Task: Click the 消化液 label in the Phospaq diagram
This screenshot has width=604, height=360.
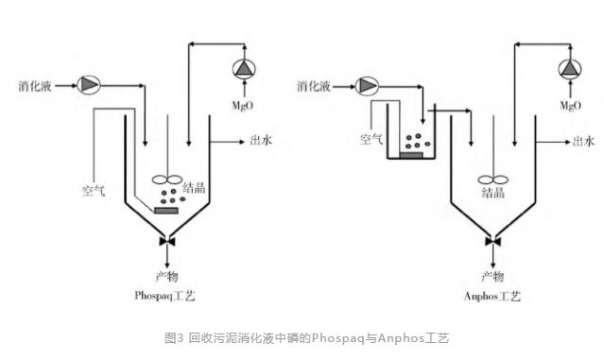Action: [35, 86]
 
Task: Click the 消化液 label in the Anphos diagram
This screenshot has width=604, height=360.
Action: [314, 86]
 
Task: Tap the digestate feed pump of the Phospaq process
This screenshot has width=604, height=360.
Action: [89, 85]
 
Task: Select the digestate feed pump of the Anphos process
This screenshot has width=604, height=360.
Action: [367, 86]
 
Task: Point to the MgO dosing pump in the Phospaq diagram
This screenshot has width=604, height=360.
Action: [244, 69]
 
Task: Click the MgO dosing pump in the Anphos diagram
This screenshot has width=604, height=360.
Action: [570, 69]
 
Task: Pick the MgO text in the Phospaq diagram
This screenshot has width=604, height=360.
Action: [243, 106]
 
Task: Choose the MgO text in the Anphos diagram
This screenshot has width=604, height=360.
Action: [571, 106]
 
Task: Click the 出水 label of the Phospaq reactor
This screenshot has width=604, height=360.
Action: [261, 140]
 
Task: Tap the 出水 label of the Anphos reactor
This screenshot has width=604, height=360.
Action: [583, 141]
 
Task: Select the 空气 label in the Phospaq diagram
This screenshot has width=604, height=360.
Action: [94, 190]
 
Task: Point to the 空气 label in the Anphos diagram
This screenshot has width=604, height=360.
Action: [371, 139]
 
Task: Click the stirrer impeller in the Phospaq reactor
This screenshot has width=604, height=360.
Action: [167, 180]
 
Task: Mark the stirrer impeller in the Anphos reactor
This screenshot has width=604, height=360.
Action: [493, 180]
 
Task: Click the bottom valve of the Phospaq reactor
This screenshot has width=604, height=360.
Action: [167, 241]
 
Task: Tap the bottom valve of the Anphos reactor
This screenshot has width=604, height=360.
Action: [493, 241]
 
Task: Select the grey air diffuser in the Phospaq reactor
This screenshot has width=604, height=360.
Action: [166, 210]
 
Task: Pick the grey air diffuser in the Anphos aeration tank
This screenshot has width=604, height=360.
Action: [411, 155]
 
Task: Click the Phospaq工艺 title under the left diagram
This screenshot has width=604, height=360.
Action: [164, 296]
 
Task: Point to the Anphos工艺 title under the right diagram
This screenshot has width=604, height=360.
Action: [492, 296]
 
